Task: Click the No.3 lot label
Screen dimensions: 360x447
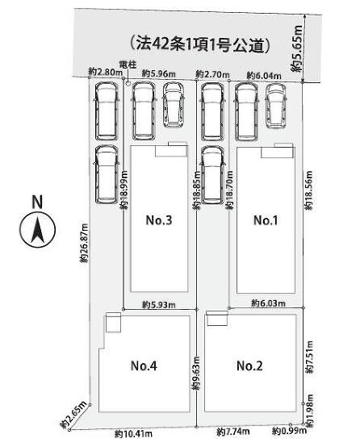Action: pyautogui.click(x=159, y=220)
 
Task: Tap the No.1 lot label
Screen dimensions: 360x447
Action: pyautogui.click(x=266, y=220)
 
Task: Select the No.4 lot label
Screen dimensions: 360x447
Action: pyautogui.click(x=144, y=366)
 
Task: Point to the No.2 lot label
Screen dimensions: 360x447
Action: pyautogui.click(x=249, y=366)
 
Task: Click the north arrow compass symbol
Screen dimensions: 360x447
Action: pyautogui.click(x=37, y=229)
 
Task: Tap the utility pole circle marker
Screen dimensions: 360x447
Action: pyautogui.click(x=128, y=84)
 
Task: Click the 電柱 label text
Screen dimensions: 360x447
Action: pyautogui.click(x=128, y=65)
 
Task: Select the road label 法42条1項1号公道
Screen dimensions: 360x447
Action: pyautogui.click(x=199, y=44)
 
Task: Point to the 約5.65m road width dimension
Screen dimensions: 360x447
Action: pyautogui.click(x=297, y=48)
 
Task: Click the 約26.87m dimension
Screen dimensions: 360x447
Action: pyautogui.click(x=84, y=243)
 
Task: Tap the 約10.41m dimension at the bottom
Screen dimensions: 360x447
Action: pyautogui.click(x=133, y=434)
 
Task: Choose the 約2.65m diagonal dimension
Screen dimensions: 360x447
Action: pyautogui.click(x=73, y=415)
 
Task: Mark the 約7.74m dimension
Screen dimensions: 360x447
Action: pyautogui.click(x=233, y=432)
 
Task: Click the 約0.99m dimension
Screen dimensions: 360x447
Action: pyautogui.click(x=289, y=431)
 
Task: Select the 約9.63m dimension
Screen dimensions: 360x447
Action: pyautogui.click(x=196, y=374)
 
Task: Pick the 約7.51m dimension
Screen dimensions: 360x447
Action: pyautogui.click(x=309, y=357)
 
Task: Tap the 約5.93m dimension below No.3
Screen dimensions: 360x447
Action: pyautogui.click(x=159, y=305)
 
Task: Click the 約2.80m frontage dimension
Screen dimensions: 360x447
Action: pyautogui.click(x=106, y=72)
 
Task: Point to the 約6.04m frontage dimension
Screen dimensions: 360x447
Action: pyautogui.click(x=264, y=76)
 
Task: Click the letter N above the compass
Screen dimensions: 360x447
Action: pyautogui.click(x=37, y=202)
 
